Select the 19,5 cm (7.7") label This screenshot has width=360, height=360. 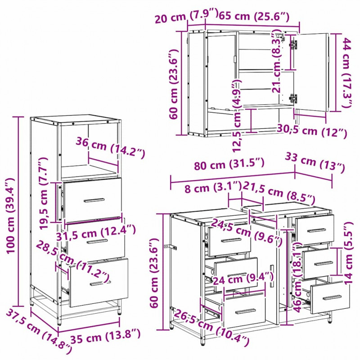pos(44,193)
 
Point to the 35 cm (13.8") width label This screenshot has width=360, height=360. pos(105,337)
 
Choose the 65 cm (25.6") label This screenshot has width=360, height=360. pos(254,16)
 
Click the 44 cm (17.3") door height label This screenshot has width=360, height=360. pos(347,72)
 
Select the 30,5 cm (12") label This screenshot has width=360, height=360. pos(312,131)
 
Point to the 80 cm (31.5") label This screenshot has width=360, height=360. pos(229,164)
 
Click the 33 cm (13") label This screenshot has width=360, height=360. pos(315,162)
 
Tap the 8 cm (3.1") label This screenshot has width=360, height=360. pos(213,187)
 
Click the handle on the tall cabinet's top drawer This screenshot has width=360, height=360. pos(94,200)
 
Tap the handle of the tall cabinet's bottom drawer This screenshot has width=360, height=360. pos(100,283)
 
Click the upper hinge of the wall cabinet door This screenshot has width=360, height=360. pos(293,44)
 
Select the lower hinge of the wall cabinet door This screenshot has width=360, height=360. pos(293,98)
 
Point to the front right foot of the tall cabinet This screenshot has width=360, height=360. pos(119,310)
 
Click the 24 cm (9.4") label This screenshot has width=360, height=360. pos(243,279)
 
